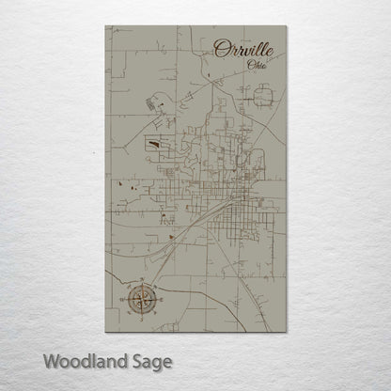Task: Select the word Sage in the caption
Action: click(149, 362)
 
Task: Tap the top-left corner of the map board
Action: click(106, 26)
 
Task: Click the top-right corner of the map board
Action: click(285, 26)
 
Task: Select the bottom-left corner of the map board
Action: click(106, 331)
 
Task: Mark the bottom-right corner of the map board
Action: click(285, 331)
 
